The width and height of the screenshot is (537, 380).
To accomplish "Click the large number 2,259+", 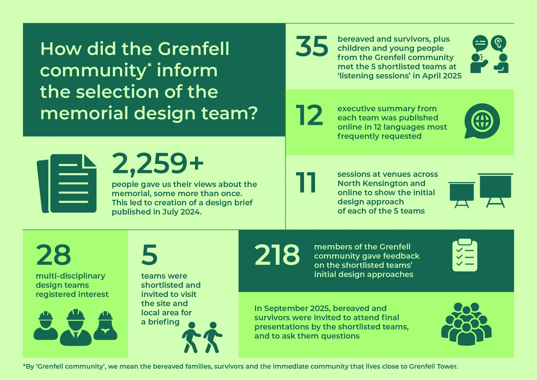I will (158, 163).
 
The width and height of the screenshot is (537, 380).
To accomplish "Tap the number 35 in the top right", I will (312, 46).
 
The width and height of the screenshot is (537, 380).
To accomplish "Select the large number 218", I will (277, 255).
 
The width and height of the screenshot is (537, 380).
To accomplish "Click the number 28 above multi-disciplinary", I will (53, 255).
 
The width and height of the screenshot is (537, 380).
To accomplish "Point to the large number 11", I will (306, 183).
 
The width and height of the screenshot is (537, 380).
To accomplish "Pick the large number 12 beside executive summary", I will (309, 116).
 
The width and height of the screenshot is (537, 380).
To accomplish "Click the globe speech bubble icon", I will (482, 121).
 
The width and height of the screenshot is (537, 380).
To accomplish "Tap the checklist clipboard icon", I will (465, 255).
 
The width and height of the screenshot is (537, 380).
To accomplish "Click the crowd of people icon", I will (466, 324).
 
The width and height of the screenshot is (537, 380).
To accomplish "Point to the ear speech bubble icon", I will (498, 43).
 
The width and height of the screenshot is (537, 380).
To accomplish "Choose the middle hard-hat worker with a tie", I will (76, 327).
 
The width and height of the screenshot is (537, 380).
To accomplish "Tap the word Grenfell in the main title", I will (193, 49).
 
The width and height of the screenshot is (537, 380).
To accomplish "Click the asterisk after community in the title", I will (149, 65).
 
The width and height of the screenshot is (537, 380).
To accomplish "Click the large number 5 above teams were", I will (149, 255).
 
